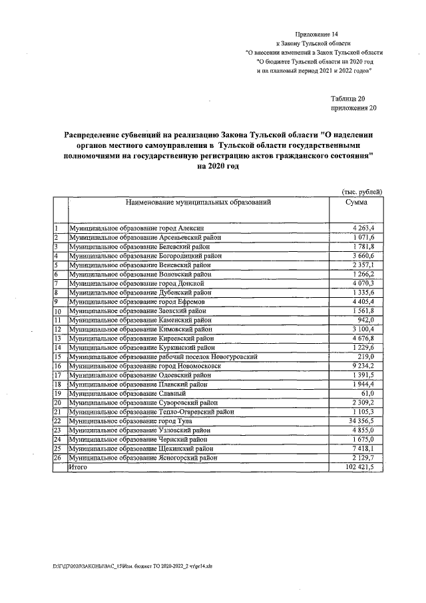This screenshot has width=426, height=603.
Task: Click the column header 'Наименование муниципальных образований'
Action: tap(196, 201)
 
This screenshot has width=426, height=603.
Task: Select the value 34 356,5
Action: tap(361, 421)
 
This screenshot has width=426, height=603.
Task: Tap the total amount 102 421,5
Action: tap(360, 468)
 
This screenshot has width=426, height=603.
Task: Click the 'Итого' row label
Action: tap(78, 468)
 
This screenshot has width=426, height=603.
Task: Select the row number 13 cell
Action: tap(59, 338)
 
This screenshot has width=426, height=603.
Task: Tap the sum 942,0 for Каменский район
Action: tap(365, 320)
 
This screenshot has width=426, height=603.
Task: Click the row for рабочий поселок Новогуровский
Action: tap(162, 356)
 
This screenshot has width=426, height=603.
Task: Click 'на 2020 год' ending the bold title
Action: tap(218, 167)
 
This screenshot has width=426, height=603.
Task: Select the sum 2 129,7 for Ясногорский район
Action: tap(362, 458)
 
